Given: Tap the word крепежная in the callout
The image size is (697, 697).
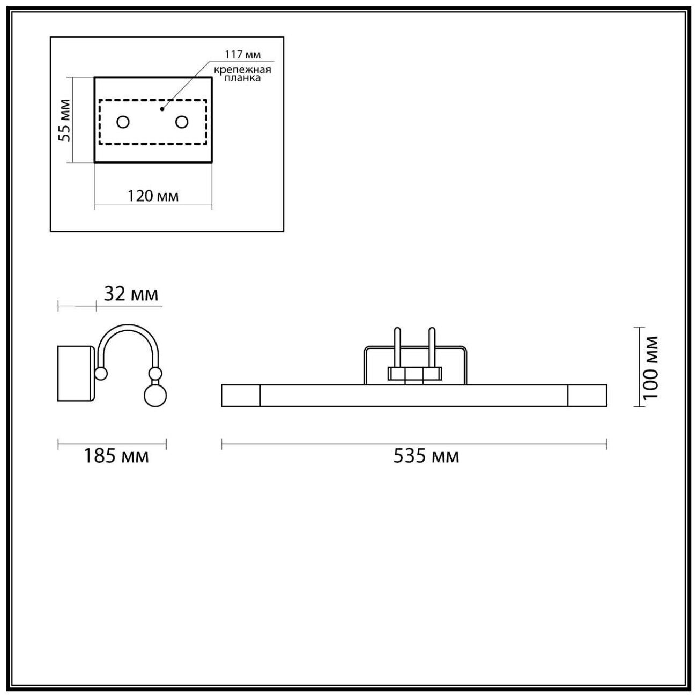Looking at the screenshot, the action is [243, 70].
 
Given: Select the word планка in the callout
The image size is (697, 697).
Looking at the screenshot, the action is [243, 78].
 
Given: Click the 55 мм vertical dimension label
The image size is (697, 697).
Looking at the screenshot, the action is [64, 120].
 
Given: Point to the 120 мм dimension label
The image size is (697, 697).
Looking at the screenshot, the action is [153, 196].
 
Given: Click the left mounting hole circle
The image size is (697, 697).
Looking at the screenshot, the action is [123, 122].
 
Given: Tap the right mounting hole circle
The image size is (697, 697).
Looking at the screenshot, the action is [182, 122].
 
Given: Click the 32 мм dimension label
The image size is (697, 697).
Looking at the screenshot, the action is [130, 294].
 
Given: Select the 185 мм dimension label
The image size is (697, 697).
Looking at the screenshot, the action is [116, 456].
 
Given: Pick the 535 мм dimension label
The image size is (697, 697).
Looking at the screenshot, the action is [426, 456].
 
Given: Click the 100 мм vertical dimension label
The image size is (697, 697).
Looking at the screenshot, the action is [650, 367].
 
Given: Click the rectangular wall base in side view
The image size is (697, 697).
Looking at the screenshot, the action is [76, 374].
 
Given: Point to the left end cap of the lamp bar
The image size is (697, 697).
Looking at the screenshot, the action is [240, 395].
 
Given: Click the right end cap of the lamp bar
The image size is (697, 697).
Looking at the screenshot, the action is [587, 395].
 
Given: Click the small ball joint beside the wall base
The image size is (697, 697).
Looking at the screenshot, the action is [101, 374].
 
